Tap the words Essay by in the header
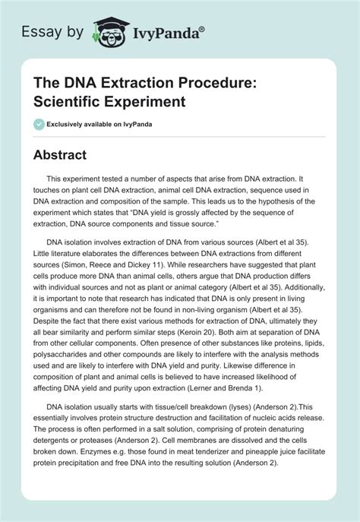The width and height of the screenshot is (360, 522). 56,32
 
